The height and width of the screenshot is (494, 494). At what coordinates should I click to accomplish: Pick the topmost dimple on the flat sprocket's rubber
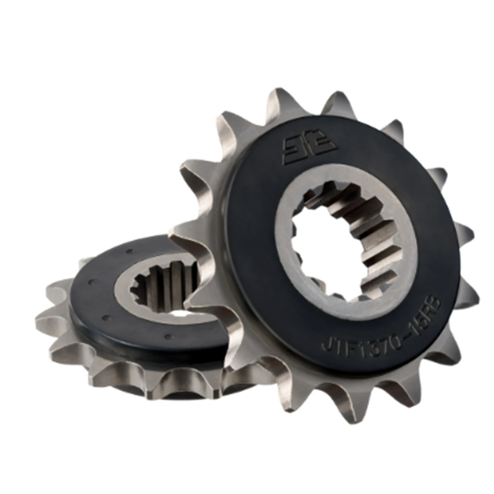point(129,251)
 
